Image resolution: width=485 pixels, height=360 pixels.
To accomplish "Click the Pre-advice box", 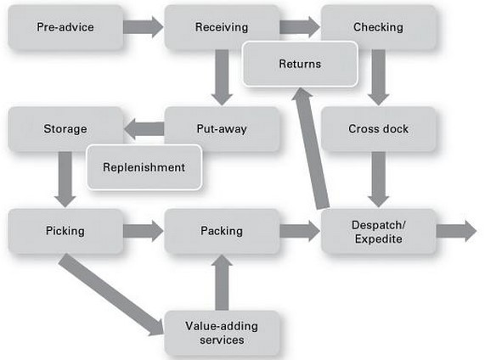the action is coord(65,27).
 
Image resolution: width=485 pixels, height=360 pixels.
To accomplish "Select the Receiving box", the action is coord(222,27).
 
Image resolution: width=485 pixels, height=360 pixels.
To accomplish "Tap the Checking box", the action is coord(378,27).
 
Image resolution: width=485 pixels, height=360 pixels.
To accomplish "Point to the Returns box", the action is coord(300,64).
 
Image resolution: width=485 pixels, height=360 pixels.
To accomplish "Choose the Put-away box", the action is coord(222,129).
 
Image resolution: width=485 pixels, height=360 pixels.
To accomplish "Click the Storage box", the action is coord(65,129).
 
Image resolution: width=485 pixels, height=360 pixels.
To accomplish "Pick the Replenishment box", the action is coord(144,167).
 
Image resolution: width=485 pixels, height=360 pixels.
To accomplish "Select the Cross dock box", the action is coord(378,129).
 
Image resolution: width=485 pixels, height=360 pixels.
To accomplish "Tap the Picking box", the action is coord(65,231).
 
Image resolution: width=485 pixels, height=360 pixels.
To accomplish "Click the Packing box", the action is coord(222,231).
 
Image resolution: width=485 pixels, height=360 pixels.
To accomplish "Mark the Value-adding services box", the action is coord(222,333).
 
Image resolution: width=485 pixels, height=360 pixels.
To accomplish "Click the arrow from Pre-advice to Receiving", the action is coord(144,27).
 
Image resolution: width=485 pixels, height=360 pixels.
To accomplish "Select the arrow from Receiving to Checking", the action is coord(300,27).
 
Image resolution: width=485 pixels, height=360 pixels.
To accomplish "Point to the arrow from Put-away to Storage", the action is coord(144,129).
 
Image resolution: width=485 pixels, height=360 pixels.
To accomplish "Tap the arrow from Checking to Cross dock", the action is coord(378,77).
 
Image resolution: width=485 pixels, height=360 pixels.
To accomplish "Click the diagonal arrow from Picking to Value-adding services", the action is coord(111,295).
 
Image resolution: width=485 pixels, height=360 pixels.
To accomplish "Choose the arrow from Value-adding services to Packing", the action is coord(222,282).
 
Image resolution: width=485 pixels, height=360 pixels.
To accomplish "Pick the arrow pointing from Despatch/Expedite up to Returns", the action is coord(310,149).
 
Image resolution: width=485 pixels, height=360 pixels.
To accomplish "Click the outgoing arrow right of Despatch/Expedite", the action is coord(456,231).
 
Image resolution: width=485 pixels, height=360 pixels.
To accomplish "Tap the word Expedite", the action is coord(378,239).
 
